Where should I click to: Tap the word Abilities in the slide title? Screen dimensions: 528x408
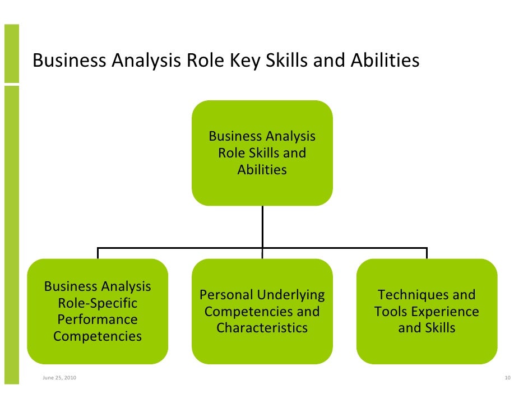(x=385, y=61)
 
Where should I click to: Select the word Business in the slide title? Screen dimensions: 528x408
(x=68, y=61)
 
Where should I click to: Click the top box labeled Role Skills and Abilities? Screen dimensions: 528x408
(x=262, y=152)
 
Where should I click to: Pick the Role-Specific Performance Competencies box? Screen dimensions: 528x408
(x=98, y=311)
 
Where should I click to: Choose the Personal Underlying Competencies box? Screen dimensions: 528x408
(x=262, y=311)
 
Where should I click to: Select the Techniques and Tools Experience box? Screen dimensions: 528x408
(x=427, y=311)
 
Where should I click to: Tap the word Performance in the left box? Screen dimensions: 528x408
(x=98, y=319)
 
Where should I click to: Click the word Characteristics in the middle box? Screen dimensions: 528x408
(x=262, y=328)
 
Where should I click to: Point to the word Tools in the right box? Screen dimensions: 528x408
(x=391, y=312)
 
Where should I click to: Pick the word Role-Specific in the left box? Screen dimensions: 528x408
(x=98, y=303)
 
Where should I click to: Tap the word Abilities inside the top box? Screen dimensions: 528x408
(x=262, y=169)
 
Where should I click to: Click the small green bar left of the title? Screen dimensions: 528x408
(x=11, y=53)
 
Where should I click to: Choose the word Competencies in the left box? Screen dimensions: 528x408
(x=98, y=336)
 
